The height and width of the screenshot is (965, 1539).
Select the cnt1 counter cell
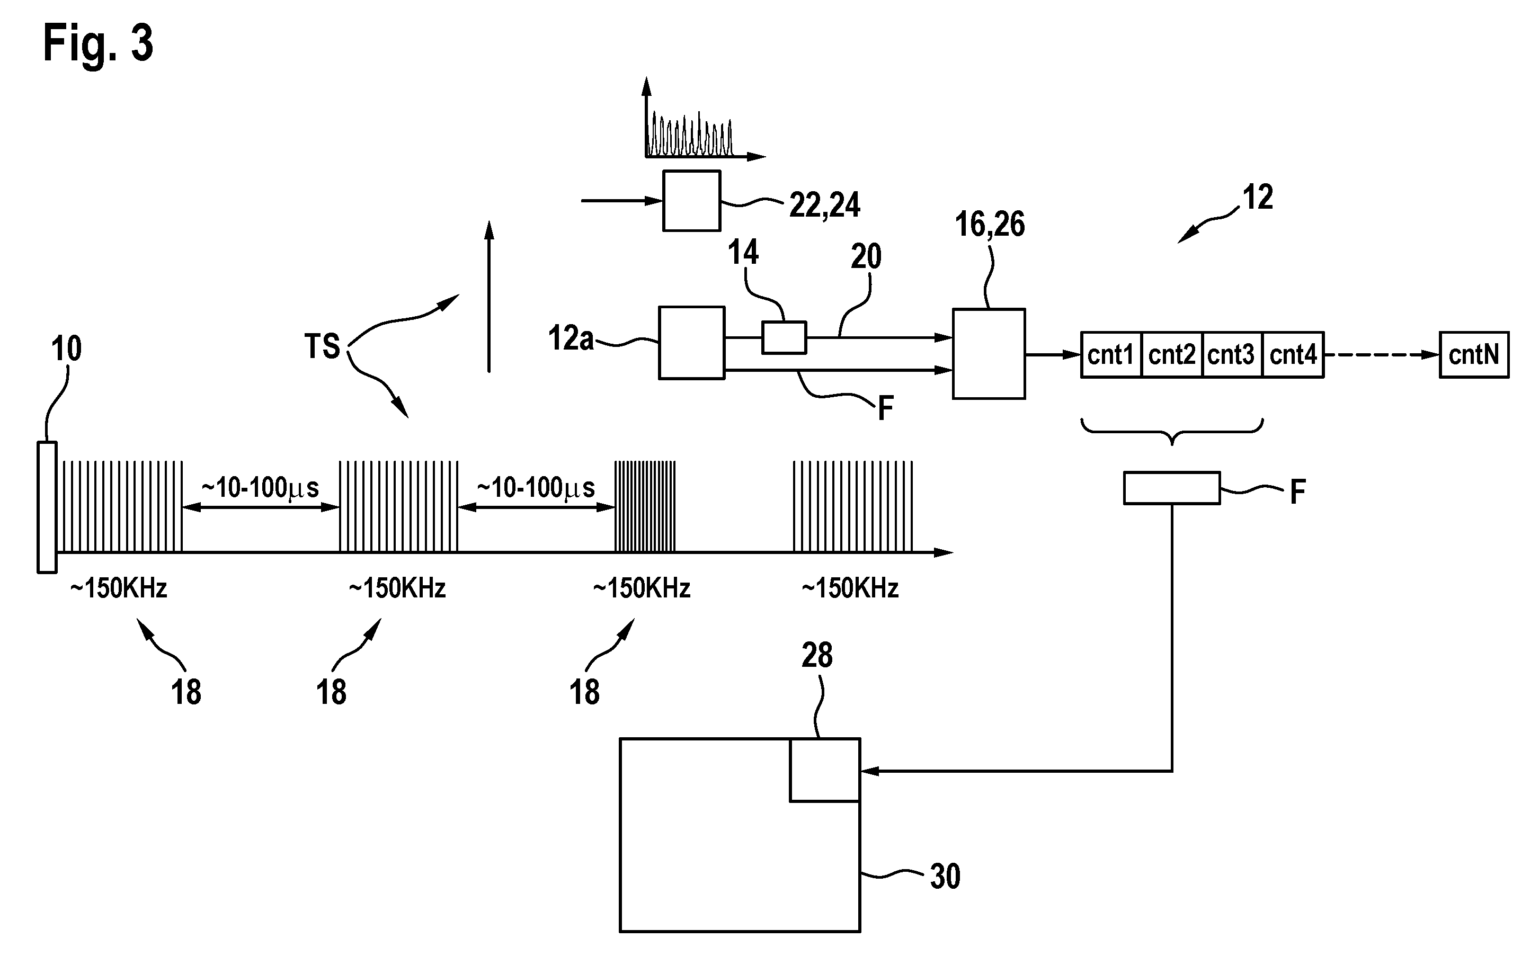click(1111, 355)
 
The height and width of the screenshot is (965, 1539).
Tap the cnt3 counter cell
click(1232, 355)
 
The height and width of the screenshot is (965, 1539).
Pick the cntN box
click(1474, 355)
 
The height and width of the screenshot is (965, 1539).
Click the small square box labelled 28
click(825, 770)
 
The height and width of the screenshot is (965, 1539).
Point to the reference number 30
click(945, 877)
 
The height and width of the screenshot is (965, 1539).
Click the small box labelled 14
click(784, 337)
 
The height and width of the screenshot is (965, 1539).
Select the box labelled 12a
click(691, 343)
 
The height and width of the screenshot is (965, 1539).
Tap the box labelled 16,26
click(989, 354)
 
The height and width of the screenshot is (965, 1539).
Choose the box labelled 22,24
click(691, 200)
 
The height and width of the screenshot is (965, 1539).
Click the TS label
click(322, 346)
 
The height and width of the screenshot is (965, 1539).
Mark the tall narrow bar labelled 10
click(47, 507)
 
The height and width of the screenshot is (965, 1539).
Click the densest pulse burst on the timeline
click(645, 506)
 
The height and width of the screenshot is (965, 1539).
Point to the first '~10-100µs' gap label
click(261, 488)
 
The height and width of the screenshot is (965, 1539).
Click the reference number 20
click(866, 256)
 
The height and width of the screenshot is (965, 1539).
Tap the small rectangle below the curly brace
click(1172, 488)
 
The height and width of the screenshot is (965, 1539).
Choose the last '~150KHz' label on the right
click(850, 588)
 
